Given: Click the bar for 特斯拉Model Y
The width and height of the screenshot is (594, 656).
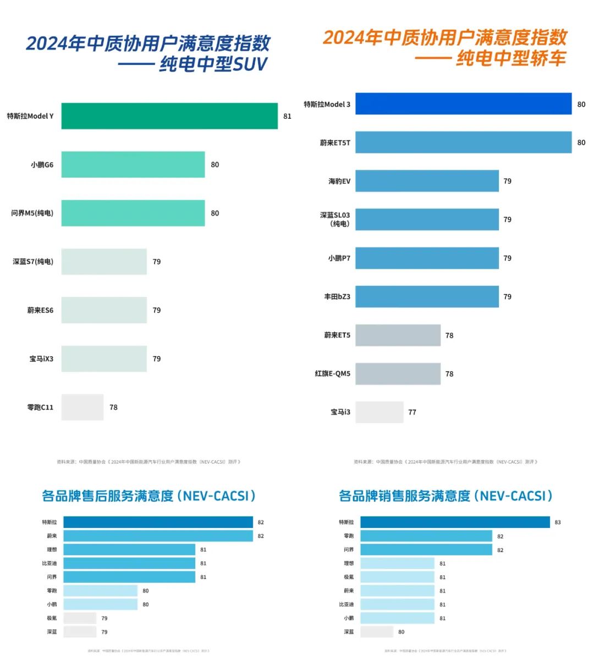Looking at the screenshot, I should click(x=169, y=116).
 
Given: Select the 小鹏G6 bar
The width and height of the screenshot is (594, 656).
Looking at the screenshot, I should click(x=133, y=164).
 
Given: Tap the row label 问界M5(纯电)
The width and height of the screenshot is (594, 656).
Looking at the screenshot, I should click(x=32, y=213).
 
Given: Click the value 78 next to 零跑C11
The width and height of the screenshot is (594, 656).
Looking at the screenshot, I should click(x=113, y=407).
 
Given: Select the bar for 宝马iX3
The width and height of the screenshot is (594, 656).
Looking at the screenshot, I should click(x=104, y=359).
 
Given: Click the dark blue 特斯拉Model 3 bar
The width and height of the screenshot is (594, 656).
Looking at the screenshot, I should click(x=463, y=104).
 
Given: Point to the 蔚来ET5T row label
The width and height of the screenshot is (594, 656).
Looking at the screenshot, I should click(x=335, y=143).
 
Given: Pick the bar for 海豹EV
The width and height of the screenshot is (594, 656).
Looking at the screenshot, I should click(x=427, y=181).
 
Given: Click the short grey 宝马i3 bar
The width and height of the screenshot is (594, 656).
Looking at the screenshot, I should click(x=379, y=412).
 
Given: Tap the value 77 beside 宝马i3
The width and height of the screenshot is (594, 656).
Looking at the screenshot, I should click(x=412, y=412).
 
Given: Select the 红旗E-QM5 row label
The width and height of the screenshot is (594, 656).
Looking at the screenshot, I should click(x=332, y=374).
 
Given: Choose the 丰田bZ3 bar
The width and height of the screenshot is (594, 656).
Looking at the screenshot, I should click(x=427, y=296).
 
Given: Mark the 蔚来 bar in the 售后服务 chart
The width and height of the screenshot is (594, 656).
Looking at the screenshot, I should click(x=158, y=536).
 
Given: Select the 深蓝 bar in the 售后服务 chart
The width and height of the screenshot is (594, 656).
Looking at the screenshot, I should click(x=80, y=632).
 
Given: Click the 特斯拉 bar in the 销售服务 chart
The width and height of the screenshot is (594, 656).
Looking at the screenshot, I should click(x=455, y=522).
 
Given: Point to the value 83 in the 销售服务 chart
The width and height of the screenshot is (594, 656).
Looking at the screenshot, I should click(x=558, y=522).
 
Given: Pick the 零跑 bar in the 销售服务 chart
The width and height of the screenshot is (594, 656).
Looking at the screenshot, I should click(x=426, y=536).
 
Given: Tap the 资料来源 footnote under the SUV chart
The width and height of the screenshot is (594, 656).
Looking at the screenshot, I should click(x=148, y=462).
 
